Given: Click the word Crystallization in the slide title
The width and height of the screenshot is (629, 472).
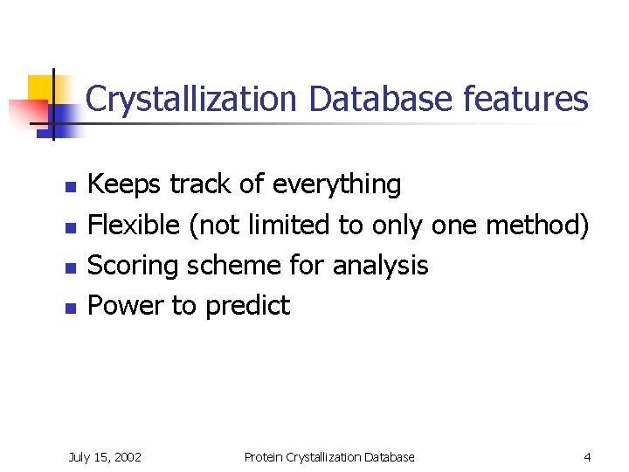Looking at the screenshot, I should (x=193, y=100).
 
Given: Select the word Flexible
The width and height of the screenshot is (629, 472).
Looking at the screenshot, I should (x=135, y=225).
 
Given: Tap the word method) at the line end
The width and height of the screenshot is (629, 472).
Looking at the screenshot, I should (x=537, y=225).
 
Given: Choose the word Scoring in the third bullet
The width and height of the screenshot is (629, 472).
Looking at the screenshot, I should (x=138, y=265).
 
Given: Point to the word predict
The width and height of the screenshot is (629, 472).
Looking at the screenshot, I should (x=247, y=305).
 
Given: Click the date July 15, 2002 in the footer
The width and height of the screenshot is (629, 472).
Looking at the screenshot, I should (x=106, y=456).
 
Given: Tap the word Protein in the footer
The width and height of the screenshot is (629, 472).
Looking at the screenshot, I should (x=264, y=456).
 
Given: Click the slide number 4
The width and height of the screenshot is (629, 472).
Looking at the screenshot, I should (x=587, y=456).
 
